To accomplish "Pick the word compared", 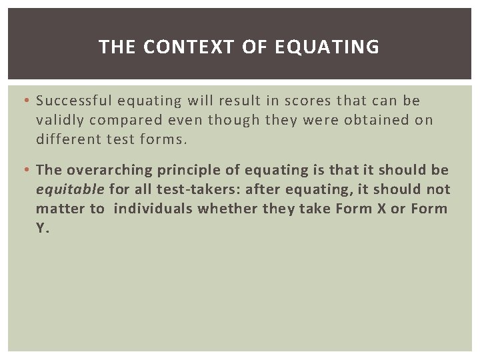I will (121, 120).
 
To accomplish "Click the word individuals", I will (155, 208).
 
